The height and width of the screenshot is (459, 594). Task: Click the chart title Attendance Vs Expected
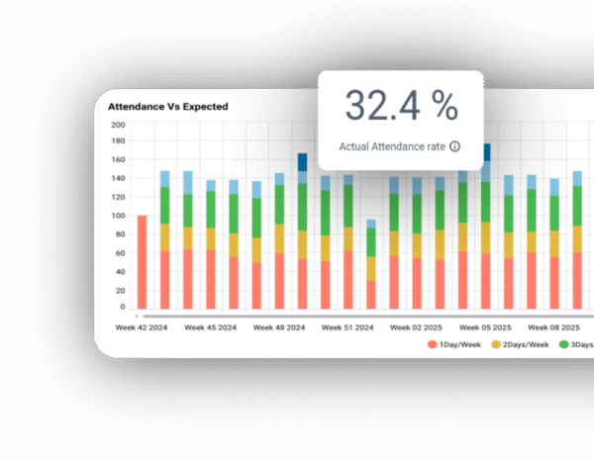click(167, 106)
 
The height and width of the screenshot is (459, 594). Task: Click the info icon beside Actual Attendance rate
click(455, 146)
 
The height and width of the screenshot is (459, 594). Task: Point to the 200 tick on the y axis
click(118, 125)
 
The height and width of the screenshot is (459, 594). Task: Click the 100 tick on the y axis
click(118, 216)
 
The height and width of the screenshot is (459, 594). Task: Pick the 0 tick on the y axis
click(123, 308)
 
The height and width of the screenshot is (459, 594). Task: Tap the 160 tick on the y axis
click(118, 161)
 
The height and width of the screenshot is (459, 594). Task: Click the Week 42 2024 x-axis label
click(142, 325)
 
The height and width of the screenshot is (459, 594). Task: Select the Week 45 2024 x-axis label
click(210, 325)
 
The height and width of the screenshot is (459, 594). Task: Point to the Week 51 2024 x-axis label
click(347, 325)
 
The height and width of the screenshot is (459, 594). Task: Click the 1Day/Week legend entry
click(456, 344)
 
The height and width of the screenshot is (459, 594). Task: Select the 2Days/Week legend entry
click(525, 344)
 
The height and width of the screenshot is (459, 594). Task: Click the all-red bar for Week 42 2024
click(143, 262)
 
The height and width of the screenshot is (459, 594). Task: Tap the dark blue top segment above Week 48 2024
click(303, 162)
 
